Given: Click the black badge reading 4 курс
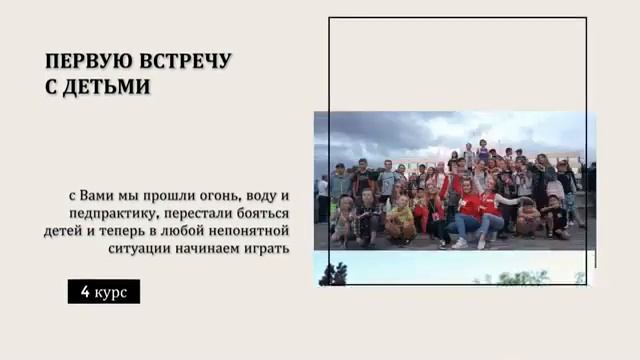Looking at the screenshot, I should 103,292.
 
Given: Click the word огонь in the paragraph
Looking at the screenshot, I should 209,195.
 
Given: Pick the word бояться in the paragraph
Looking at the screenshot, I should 259,213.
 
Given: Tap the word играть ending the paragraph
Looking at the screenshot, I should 267,248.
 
